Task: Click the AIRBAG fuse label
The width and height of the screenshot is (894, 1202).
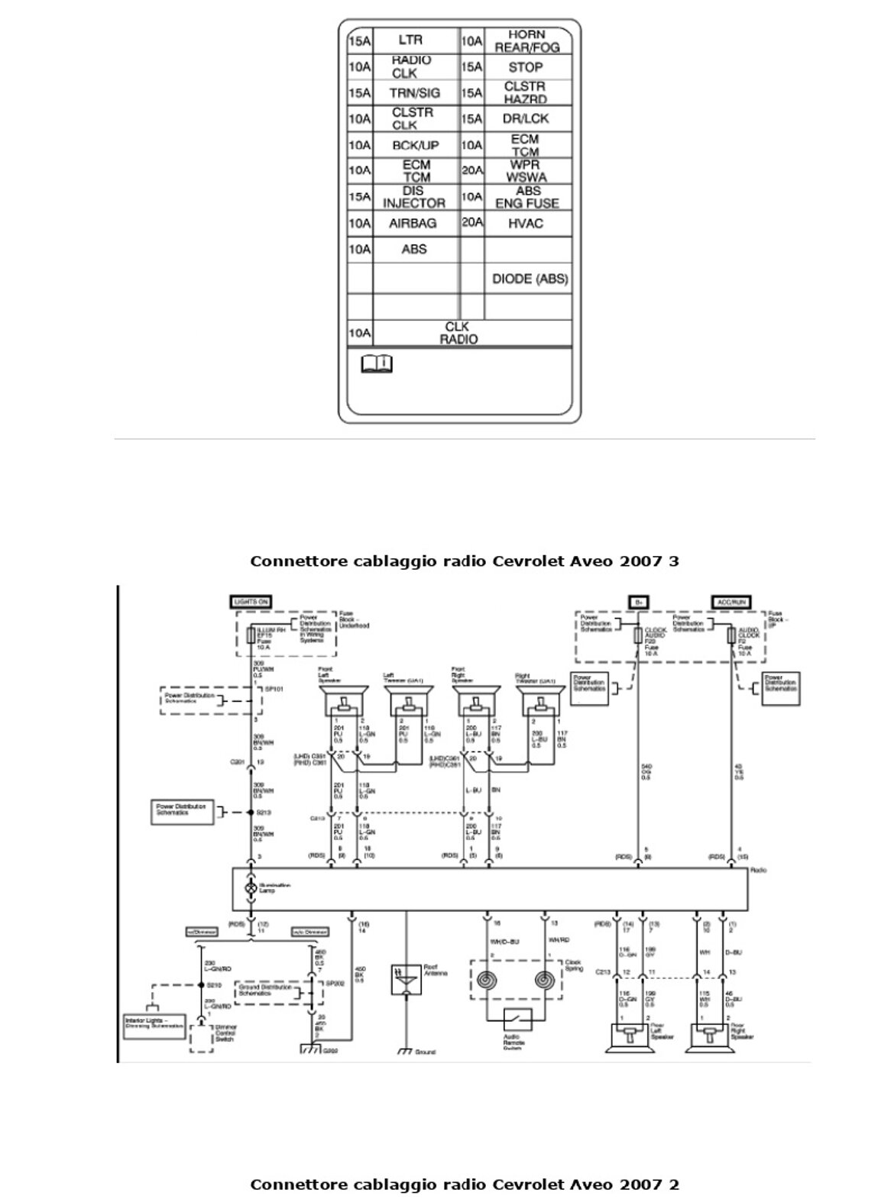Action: [413, 223]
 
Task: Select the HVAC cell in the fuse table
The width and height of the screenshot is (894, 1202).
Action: [526, 223]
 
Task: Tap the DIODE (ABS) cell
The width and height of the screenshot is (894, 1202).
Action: [530, 279]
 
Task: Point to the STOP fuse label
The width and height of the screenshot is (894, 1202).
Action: [526, 67]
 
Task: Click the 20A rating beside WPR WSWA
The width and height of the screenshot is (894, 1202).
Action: [471, 170]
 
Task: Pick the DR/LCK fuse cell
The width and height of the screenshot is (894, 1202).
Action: [526, 118]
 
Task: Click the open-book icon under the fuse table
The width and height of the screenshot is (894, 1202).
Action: [376, 364]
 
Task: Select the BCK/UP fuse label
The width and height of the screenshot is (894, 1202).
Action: [415, 145]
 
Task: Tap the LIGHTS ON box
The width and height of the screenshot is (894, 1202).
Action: [251, 603]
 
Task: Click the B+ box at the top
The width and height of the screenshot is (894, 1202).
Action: [637, 603]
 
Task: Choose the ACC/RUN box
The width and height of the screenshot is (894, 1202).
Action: [731, 603]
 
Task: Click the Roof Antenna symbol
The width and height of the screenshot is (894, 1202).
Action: [403, 978]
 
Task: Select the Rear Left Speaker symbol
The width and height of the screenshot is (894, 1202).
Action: [630, 1036]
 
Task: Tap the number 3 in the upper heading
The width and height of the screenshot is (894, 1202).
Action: [673, 561]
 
